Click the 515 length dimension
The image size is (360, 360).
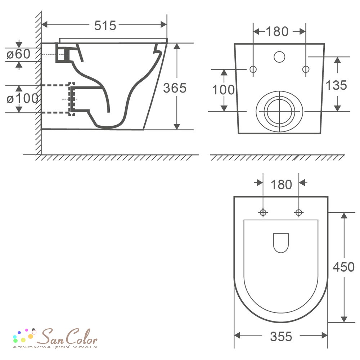(x=105, y=25)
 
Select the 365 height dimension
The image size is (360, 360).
(x=175, y=88)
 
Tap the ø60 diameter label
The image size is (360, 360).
(x=18, y=54)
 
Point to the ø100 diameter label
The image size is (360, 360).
(x=22, y=99)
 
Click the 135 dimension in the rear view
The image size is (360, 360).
(x=336, y=85)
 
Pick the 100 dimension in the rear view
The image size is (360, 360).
(x=223, y=90)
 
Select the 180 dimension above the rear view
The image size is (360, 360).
(x=277, y=31)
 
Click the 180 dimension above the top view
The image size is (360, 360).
(x=281, y=184)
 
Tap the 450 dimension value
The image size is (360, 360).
(x=343, y=267)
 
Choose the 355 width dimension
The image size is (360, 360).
(x=281, y=337)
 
